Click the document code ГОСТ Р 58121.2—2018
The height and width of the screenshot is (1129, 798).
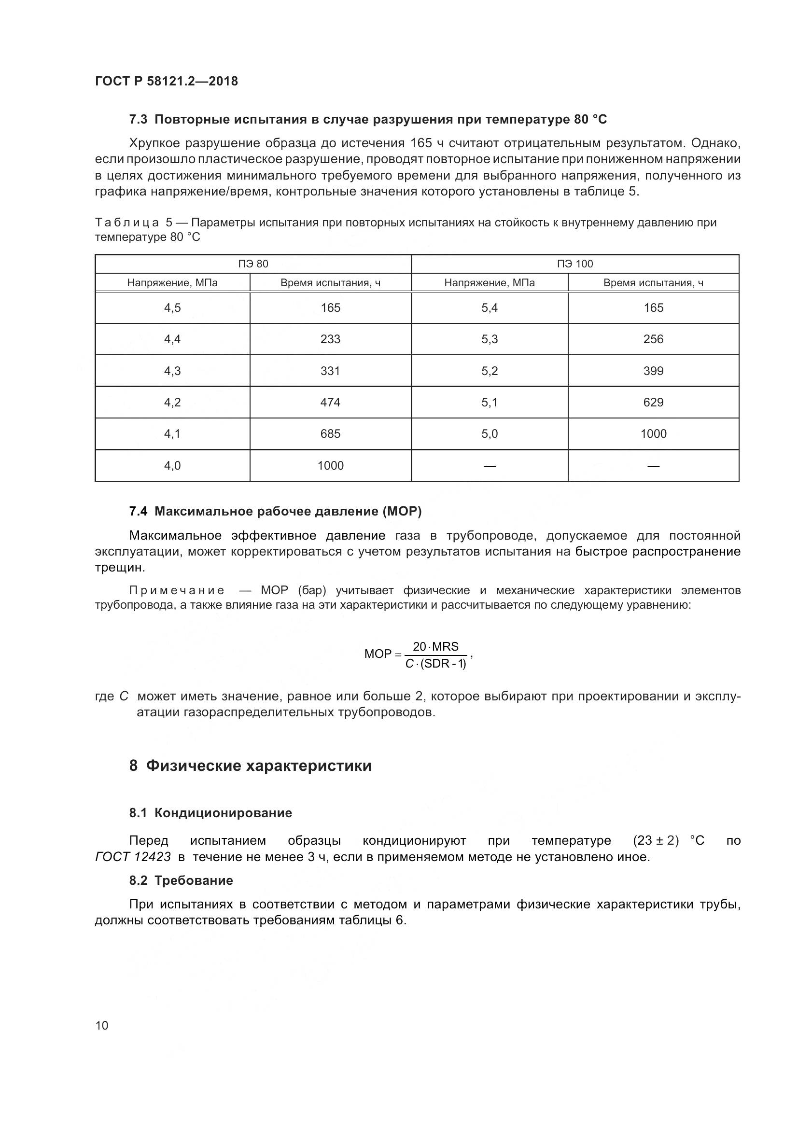tap(166, 81)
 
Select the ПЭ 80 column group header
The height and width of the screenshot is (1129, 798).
tap(253, 264)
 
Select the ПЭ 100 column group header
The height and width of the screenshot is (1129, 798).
tap(575, 264)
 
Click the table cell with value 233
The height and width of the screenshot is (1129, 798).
tap(330, 339)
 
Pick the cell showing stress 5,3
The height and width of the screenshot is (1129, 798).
tap(489, 339)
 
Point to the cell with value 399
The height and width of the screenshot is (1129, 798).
tap(653, 371)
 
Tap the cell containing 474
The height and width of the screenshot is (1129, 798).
tap(330, 402)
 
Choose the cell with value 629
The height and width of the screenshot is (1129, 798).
tap(653, 402)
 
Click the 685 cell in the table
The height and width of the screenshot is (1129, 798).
tap(330, 434)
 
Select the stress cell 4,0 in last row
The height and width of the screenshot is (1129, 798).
tap(172, 465)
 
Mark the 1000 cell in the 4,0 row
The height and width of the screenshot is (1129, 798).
tap(330, 465)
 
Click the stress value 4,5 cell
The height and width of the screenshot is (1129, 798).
tap(172, 308)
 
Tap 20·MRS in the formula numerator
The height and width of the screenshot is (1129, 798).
tap(435, 647)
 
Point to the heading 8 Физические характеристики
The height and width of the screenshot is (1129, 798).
tap(250, 766)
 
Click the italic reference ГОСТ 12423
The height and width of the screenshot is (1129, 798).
tap(133, 857)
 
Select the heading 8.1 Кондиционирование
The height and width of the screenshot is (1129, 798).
tap(210, 813)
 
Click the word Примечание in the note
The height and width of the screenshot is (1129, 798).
tap(177, 590)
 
